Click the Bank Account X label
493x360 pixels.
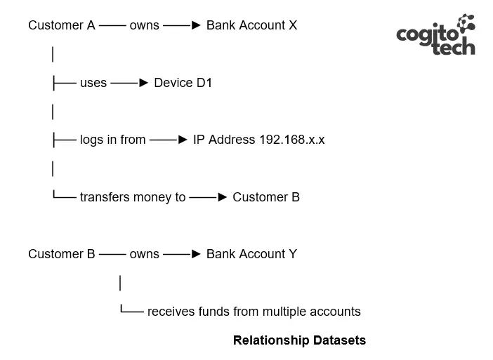(251, 25)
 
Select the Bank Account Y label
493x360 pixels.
(251, 254)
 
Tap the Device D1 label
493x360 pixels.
(183, 83)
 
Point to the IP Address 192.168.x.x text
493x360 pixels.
(258, 140)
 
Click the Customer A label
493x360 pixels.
(62, 25)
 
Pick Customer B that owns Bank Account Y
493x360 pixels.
(62, 254)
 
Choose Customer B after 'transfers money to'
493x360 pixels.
(266, 197)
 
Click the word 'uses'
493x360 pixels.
(93, 84)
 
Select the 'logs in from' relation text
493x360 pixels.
(113, 140)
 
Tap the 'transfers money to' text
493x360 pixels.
(133, 198)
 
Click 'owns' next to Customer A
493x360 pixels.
(144, 26)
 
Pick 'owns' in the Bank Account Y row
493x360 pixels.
(144, 255)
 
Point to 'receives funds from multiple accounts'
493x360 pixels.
(254, 312)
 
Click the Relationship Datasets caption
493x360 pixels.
(299, 340)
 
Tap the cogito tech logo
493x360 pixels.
(436, 34)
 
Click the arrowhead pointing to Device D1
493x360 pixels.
(144, 83)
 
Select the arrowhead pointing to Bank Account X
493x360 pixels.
(196, 25)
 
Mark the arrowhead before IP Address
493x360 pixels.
(183, 140)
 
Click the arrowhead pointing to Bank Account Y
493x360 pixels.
(196, 254)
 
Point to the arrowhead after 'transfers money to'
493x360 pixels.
(223, 197)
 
